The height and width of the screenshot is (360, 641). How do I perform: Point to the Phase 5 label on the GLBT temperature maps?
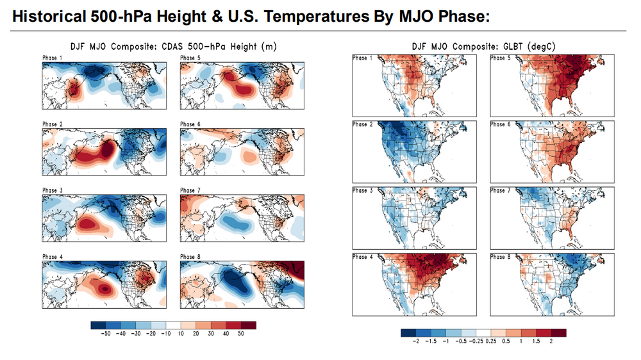(498, 58)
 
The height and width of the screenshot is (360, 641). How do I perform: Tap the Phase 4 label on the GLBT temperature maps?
(360, 257)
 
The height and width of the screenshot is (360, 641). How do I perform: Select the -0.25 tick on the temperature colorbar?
(477, 341)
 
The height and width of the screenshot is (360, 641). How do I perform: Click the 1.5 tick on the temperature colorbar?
(536, 341)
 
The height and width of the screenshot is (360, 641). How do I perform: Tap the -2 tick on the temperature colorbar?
(417, 341)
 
